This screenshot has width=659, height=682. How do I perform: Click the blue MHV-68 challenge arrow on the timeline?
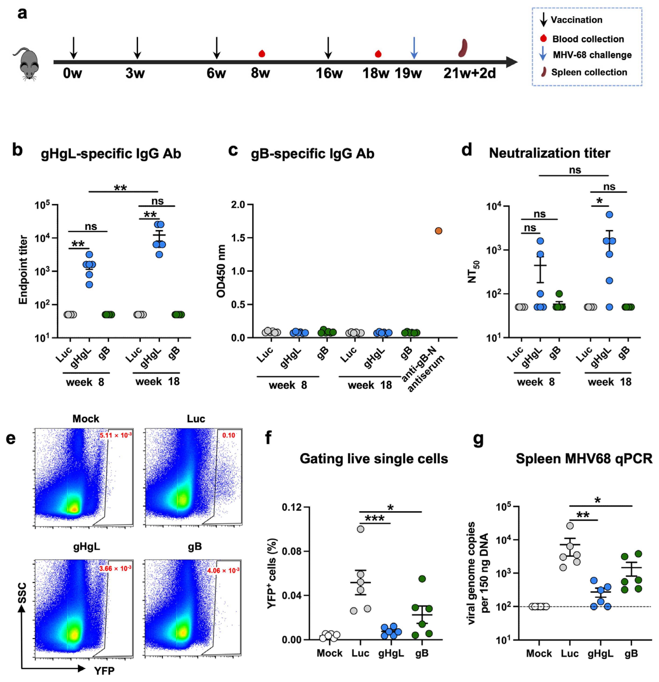414,48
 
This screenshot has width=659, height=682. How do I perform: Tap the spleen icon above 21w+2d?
463,48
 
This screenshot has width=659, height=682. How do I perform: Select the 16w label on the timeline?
329,73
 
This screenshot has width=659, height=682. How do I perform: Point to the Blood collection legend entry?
588,39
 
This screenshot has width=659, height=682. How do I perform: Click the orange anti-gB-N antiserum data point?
438,231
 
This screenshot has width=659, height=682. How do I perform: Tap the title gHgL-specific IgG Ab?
111,154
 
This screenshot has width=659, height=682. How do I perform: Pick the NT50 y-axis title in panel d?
473,272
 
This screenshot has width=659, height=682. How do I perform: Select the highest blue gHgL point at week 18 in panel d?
609,214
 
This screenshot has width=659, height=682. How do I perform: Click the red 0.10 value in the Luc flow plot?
229,435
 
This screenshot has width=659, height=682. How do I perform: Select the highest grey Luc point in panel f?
361,529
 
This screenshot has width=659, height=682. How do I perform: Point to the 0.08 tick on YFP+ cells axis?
291,551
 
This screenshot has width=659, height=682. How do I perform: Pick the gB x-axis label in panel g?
631,653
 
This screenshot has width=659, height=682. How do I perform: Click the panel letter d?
466,150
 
